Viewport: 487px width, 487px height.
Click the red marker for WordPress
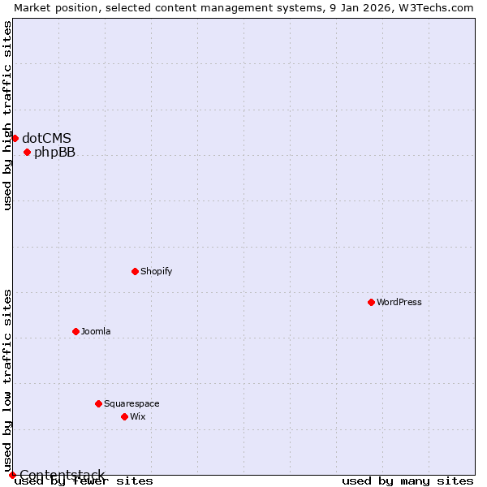(x=371, y=302)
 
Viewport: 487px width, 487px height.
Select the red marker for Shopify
(x=135, y=271)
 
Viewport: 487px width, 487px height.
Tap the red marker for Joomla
(x=75, y=331)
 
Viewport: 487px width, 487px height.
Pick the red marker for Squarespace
(x=98, y=403)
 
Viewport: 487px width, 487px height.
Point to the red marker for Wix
(x=124, y=416)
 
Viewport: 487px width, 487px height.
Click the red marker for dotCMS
(x=15, y=138)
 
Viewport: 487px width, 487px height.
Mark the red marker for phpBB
(x=27, y=152)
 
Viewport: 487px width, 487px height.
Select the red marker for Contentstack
(x=12, y=475)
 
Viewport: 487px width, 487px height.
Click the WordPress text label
(x=399, y=302)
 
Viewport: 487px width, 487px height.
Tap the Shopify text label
(x=156, y=271)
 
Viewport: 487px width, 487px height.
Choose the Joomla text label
(x=96, y=331)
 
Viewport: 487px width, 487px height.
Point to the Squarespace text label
(x=131, y=403)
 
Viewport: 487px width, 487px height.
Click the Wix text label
(x=138, y=416)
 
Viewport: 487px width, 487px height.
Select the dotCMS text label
(x=46, y=138)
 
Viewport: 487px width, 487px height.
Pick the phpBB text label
(x=54, y=152)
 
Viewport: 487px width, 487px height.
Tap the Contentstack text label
(x=62, y=475)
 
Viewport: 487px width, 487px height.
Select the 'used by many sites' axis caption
(x=407, y=481)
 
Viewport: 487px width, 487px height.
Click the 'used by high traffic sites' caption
(x=7, y=115)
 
